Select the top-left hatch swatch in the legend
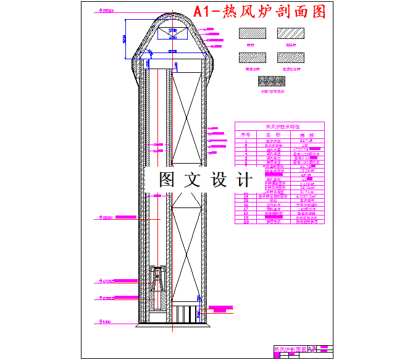(x=251, y=35)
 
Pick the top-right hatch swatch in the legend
(x=289, y=35)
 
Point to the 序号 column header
(x=245, y=134)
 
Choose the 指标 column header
(x=307, y=134)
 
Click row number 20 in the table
(x=245, y=222)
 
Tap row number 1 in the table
(x=245, y=140)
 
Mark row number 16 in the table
(x=245, y=205)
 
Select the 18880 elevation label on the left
(x=107, y=217)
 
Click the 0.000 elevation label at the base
(x=107, y=322)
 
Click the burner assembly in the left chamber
(x=159, y=287)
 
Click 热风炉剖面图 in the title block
(x=290, y=350)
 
